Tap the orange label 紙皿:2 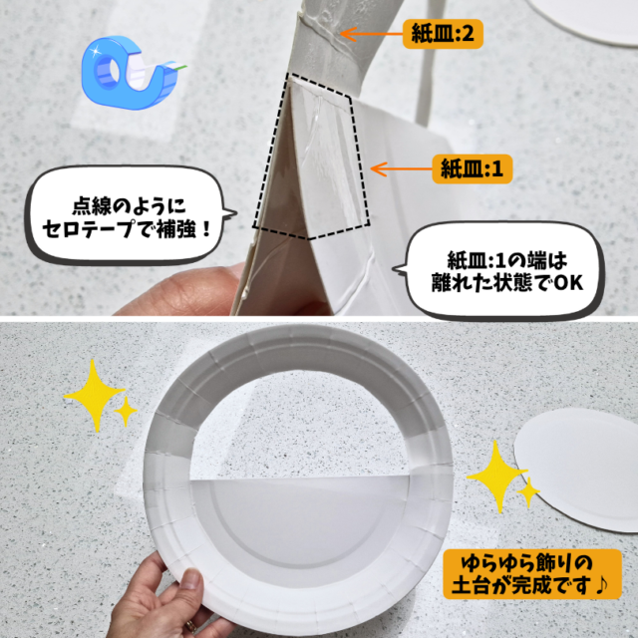tap(443, 34)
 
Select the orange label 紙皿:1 tap(472, 168)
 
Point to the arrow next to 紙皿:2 tap(371, 34)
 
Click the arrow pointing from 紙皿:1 tap(401, 168)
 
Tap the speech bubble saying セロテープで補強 tap(130, 215)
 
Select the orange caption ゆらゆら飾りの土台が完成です tap(532, 574)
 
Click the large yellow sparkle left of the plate tap(95, 395)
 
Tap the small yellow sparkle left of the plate tap(126, 412)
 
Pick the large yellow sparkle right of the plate tap(496, 477)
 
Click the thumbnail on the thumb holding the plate tap(190, 579)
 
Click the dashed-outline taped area tap(311, 157)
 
